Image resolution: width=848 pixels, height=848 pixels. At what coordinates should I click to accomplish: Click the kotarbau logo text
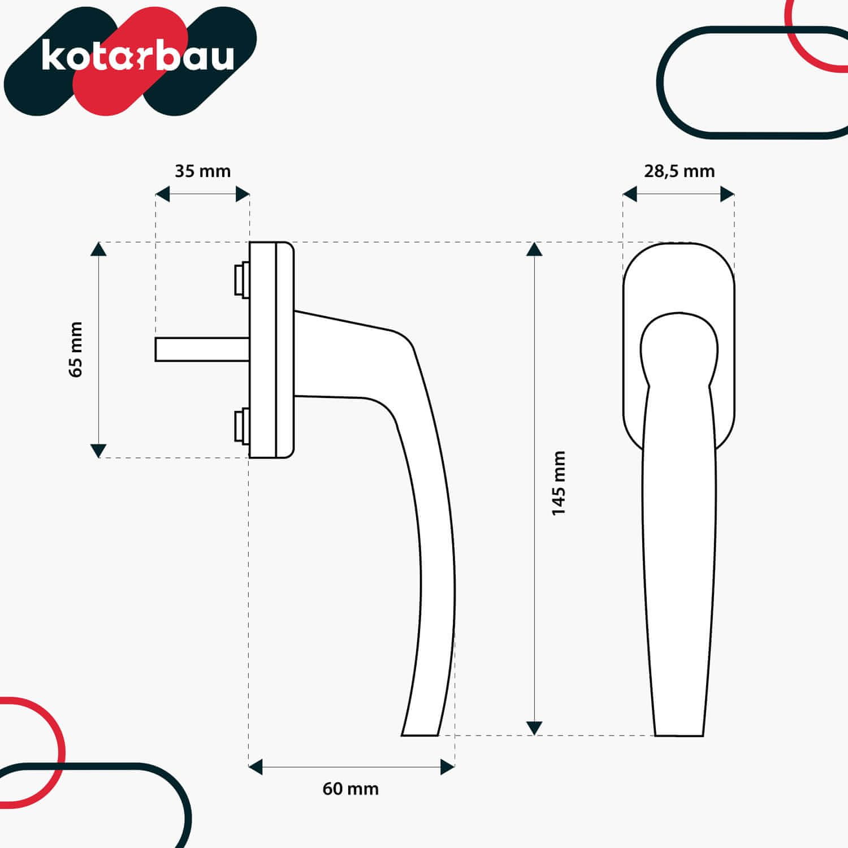click(x=137, y=56)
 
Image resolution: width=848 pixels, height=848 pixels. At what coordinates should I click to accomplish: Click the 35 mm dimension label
click(x=202, y=171)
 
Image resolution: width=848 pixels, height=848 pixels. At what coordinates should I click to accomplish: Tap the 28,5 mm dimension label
click(x=679, y=171)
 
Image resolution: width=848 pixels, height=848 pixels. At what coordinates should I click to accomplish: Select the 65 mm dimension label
click(x=76, y=349)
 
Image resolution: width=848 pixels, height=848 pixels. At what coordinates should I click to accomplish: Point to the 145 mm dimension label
click(x=559, y=483)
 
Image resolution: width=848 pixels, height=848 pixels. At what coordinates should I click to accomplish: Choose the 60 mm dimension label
click(x=351, y=789)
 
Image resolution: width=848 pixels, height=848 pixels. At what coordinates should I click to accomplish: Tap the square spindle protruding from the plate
click(x=202, y=349)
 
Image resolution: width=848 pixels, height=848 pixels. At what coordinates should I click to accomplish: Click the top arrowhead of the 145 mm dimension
click(x=534, y=249)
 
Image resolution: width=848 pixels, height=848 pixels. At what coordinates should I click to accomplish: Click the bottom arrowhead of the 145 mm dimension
click(x=534, y=728)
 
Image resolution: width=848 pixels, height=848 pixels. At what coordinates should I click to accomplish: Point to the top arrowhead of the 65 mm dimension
click(x=98, y=249)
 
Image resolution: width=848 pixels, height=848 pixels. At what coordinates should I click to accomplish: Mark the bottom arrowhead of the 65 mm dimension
click(x=98, y=451)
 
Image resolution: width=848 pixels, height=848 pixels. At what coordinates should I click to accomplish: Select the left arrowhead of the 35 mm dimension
click(x=163, y=194)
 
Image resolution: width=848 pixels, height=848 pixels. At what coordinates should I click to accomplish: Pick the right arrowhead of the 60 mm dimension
click(x=448, y=767)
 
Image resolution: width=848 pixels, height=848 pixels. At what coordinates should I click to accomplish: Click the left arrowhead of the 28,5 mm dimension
click(x=630, y=194)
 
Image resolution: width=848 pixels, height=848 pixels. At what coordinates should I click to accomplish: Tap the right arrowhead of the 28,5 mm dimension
click(x=727, y=194)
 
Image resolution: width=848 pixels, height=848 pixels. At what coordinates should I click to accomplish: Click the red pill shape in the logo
click(x=129, y=61)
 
